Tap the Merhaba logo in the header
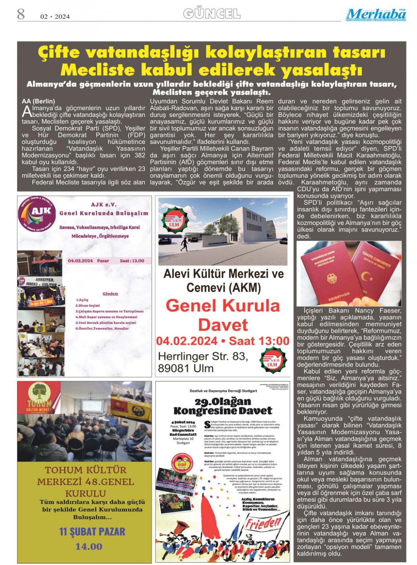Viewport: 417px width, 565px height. [x=375, y=15]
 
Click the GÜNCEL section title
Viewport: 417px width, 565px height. [x=211, y=14]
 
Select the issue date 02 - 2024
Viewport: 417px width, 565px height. [x=55, y=17]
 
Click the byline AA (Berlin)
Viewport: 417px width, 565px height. [x=38, y=101]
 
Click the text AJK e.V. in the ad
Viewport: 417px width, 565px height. [x=104, y=205]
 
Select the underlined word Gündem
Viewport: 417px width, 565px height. [x=110, y=294]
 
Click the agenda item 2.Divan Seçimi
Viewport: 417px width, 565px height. [x=88, y=305]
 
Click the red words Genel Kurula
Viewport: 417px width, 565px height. [x=223, y=306]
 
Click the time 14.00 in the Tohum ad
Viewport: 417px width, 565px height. [x=88, y=547]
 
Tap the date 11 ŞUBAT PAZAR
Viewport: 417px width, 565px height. [x=92, y=532]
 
